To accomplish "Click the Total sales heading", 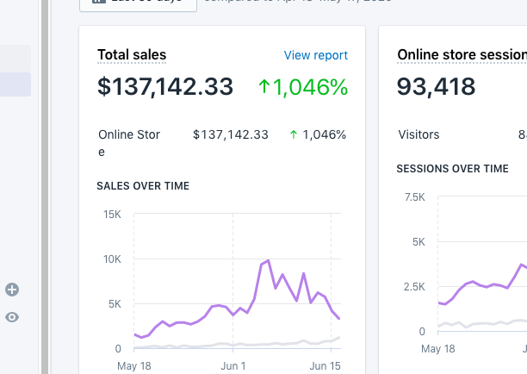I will tap(132, 55).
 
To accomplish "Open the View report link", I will tap(316, 55).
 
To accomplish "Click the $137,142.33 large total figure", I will tap(165, 87).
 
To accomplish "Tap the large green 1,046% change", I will tap(303, 87).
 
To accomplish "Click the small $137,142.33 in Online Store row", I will tap(231, 134).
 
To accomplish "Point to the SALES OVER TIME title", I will tap(143, 186).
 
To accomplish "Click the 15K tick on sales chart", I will tap(112, 215).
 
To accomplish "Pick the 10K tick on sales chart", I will tap(112, 259).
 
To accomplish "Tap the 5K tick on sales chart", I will tap(115, 304).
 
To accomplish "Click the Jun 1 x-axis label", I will tap(233, 365).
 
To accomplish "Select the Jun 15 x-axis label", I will tap(325, 365).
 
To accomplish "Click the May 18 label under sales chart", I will tap(134, 365).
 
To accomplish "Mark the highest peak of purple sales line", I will tap(268, 260).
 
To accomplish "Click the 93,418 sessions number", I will tap(437, 87).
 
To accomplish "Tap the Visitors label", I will tap(418, 135).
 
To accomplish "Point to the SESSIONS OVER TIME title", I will tap(452, 169).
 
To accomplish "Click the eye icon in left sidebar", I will tap(12, 317).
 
